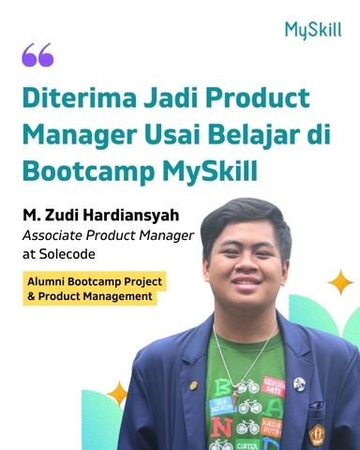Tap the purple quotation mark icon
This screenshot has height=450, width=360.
[x=37, y=56]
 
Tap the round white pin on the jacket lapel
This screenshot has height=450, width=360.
[x=299, y=383]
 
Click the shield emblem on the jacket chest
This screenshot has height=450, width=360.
[x=317, y=434]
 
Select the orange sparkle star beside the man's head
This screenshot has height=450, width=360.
[x=338, y=282]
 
